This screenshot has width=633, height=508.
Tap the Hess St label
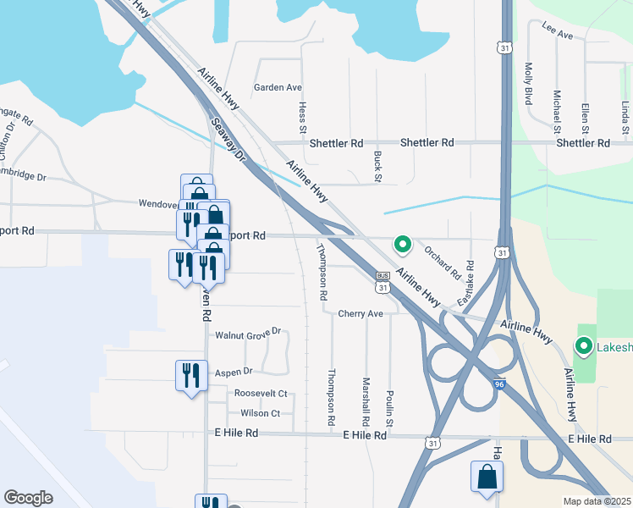pos(303,118)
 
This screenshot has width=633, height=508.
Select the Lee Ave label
pos(558,36)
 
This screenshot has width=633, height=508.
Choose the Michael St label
pos(557,112)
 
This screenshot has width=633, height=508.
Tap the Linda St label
pos(625,118)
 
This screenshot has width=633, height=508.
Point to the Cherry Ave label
pos(361,313)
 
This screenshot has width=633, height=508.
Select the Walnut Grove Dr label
pos(247,335)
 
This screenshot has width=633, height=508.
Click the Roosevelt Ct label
pos(261,394)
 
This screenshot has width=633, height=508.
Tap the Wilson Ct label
pos(260,413)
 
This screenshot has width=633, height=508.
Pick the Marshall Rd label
pos(366,401)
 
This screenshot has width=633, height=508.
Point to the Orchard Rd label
pos(442,263)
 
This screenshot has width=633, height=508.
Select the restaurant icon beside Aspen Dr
pos(190,374)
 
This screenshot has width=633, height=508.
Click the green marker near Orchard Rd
pos(404,246)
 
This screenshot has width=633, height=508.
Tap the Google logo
pos(28,498)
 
